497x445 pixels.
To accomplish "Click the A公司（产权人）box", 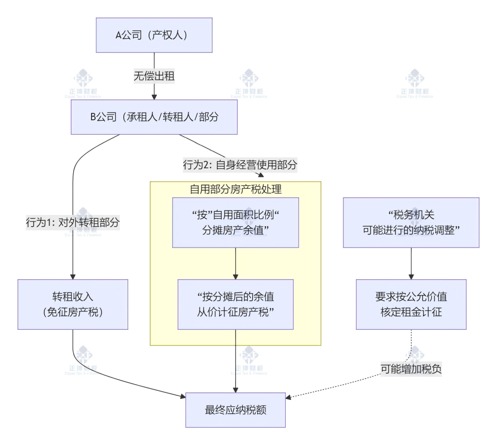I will [154, 35].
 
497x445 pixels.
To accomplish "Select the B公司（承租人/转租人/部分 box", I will [154, 117].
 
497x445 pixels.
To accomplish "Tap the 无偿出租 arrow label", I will [154, 76].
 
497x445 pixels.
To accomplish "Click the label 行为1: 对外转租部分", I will [73, 222].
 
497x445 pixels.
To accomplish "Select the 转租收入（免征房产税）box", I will [73, 304].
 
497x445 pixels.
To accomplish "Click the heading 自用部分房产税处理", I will [235, 189].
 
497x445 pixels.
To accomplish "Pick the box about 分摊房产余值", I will [235, 222].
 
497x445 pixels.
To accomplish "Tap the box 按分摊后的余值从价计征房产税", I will [235, 304].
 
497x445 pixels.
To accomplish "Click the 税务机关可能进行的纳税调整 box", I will [411, 222].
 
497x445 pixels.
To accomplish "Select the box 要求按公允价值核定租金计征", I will [411, 304].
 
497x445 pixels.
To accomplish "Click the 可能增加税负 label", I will [411, 369].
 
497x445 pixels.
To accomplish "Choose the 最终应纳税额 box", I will [235, 410].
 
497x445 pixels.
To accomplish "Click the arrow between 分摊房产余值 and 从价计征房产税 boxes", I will [235, 263].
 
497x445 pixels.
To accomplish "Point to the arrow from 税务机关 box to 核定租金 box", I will [411, 263].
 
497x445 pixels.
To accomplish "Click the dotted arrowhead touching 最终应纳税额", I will [289, 397].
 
